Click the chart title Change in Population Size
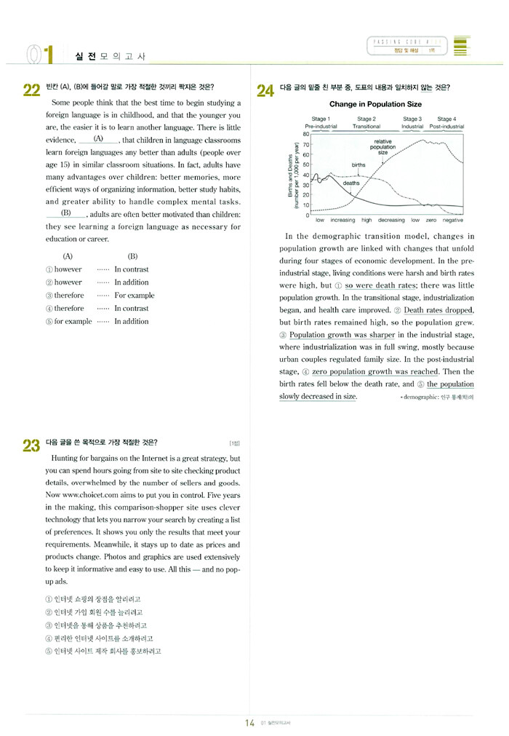coord(375,105)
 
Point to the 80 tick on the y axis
coord(307,134)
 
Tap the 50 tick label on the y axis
coord(307,165)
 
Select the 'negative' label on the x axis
coord(452,220)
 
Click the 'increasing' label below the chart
coord(342,220)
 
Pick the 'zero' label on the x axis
coord(431,220)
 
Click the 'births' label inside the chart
coord(358,165)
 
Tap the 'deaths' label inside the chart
coord(351,183)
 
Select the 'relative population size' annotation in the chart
coord(383,147)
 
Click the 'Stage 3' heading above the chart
coord(412,119)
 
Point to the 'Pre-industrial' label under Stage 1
coord(321,126)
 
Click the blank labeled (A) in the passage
coord(98,138)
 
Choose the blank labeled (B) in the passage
coord(66,213)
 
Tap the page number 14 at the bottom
coord(249,722)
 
